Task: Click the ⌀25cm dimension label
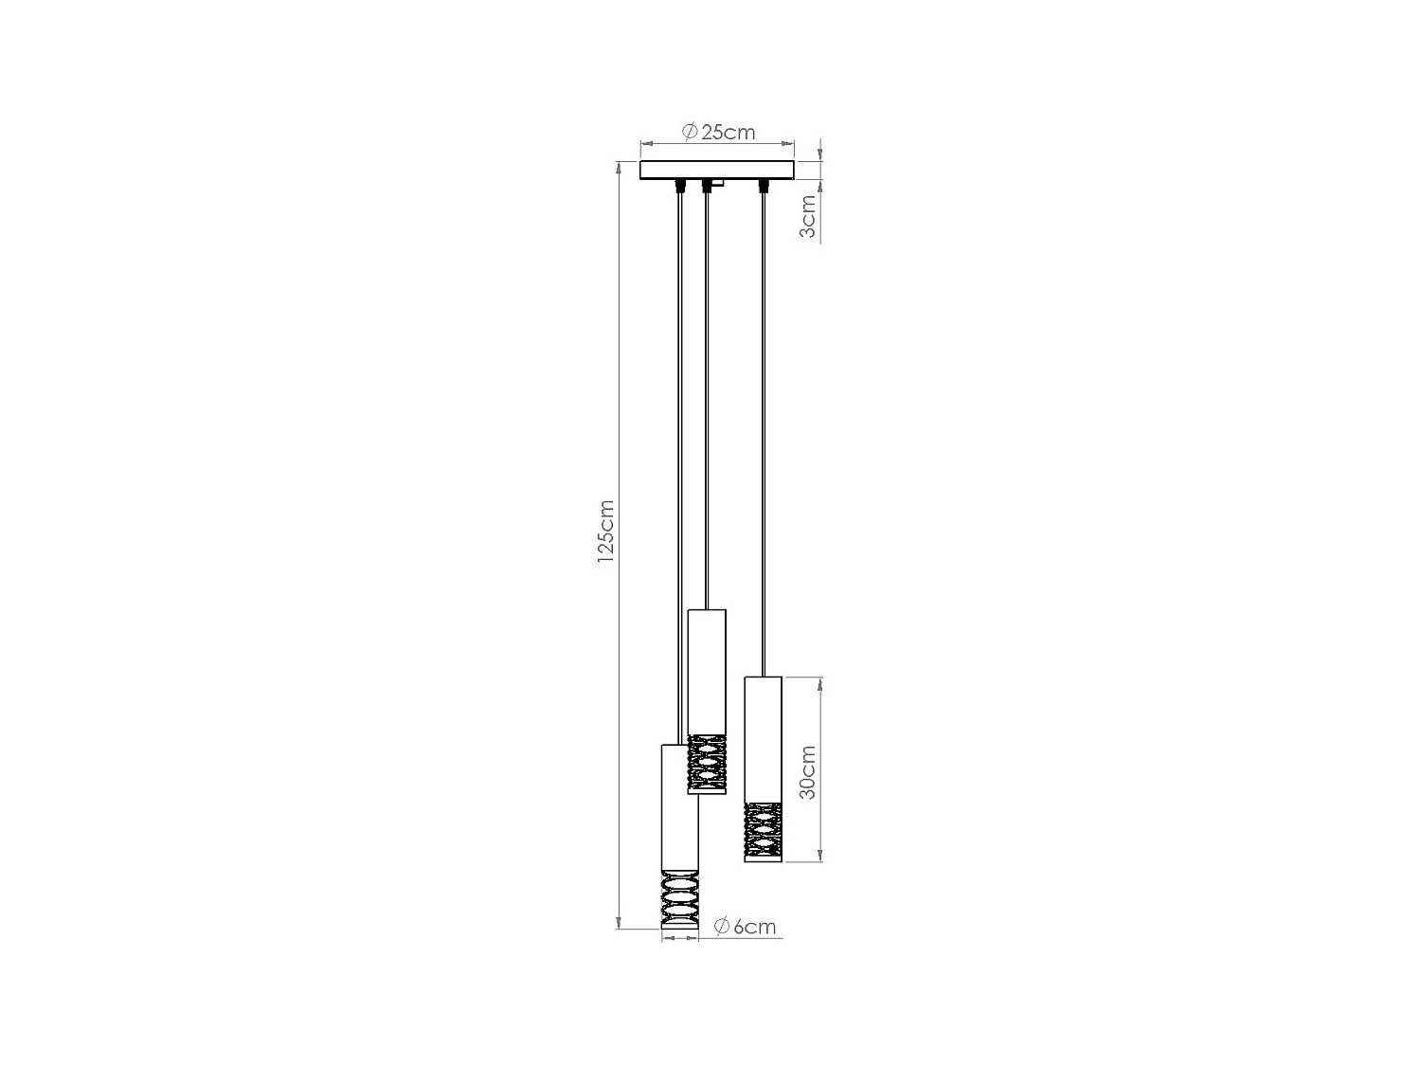(718, 132)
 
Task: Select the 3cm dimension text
(807, 217)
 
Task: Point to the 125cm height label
(605, 533)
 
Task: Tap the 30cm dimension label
(807, 772)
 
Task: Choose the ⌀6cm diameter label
(745, 927)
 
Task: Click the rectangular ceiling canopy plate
(716, 171)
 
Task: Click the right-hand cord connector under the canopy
(761, 185)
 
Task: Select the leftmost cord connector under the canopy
(679, 184)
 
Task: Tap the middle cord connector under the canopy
(705, 185)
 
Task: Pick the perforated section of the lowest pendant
(679, 899)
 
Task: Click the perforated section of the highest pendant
(707, 764)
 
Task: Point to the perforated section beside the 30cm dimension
(763, 831)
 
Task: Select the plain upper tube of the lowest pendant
(679, 806)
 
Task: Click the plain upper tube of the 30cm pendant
(763, 738)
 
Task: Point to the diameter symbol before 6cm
(721, 927)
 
